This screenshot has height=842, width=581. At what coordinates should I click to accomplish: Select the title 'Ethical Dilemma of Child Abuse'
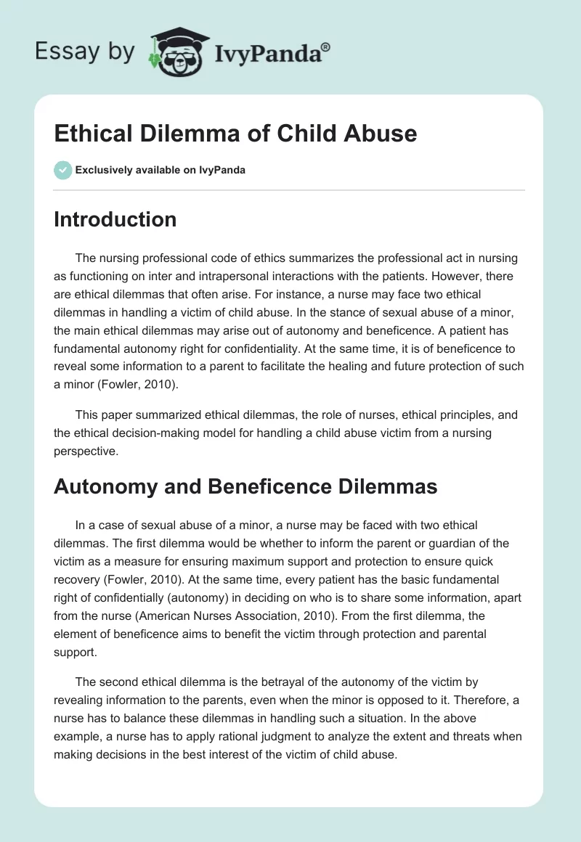click(235, 134)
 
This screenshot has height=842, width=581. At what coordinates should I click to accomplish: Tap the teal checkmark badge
click(62, 170)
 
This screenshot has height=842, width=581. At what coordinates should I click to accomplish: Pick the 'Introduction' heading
click(115, 219)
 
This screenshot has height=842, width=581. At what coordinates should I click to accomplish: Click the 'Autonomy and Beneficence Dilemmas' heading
click(245, 486)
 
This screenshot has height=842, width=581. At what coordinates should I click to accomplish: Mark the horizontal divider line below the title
click(289, 190)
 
